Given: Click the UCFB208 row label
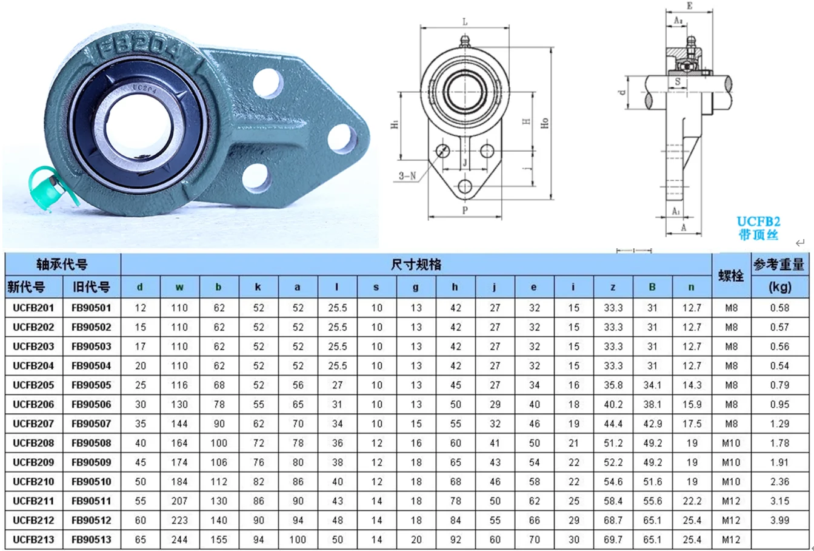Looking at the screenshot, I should pos(33,443).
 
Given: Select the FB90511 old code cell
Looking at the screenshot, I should pos(92,501).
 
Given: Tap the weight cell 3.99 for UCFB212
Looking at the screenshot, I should pos(779,520).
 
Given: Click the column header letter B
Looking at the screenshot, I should pos(652,287).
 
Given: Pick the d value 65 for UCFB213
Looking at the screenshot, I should pos(140,539).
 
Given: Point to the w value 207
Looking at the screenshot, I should pos(179,501).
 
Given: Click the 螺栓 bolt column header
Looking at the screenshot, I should pos(731,275).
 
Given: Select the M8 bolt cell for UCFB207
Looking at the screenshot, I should pos(731,424).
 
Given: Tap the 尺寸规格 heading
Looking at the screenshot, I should pos(416,265).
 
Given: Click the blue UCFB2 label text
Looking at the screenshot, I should pos(758,221).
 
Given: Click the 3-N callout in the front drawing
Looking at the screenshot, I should pos(407,176).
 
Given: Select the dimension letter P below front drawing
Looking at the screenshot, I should pos(465,211).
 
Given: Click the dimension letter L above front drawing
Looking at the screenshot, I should pos(465,22).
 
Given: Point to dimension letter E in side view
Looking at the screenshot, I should pos(689,6).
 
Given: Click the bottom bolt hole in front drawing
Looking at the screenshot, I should pos(465,186).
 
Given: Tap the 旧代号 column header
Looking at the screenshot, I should pos(92,287).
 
